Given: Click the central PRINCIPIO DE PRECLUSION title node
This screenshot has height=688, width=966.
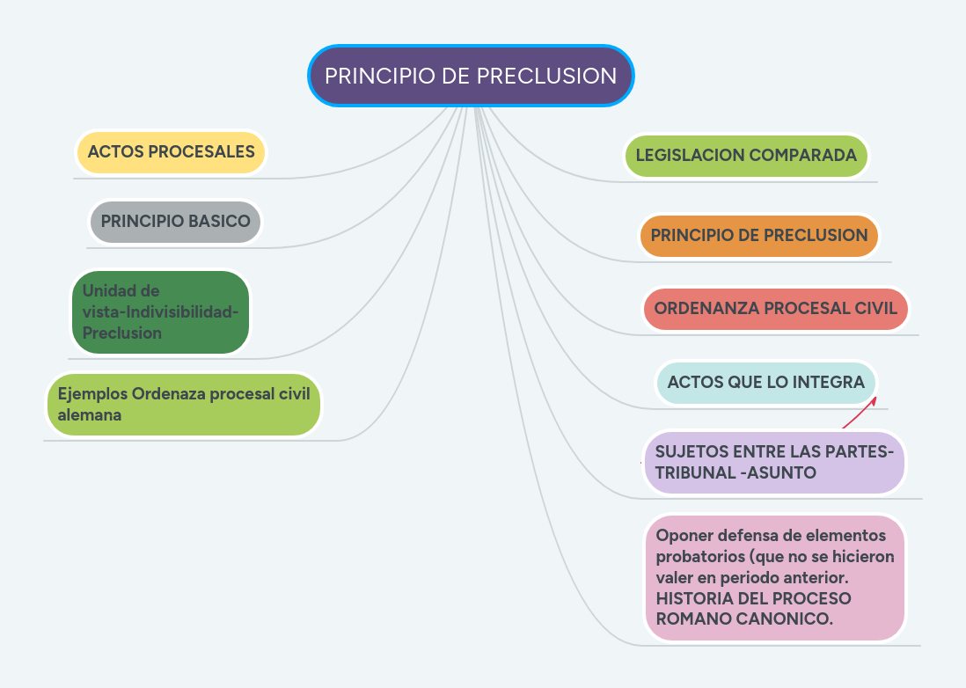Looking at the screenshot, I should [x=471, y=76].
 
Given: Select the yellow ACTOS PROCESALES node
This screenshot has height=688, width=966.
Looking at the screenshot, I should [x=171, y=151].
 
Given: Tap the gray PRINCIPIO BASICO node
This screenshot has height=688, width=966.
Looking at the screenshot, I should [x=175, y=221].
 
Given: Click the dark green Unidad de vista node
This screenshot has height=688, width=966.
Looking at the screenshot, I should [x=160, y=311].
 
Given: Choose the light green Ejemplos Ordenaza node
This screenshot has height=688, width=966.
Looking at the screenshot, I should [x=183, y=404].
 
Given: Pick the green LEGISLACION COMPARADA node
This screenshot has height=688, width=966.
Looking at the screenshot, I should [x=745, y=155].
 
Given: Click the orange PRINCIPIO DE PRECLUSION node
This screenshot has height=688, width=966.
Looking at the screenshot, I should [x=758, y=235].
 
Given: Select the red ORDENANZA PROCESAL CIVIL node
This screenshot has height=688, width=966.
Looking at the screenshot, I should [x=775, y=309].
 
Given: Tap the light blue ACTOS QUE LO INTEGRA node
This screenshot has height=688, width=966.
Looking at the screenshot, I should [x=765, y=382].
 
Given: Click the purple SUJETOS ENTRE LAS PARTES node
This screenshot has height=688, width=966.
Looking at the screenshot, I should [x=773, y=462].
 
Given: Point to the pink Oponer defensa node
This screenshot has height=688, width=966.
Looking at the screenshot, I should [x=774, y=576].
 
